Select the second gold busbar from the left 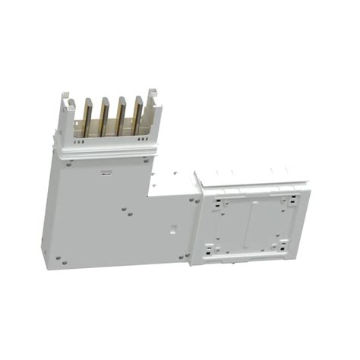coord(104,118)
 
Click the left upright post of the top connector coord(67,114)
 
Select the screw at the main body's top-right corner coord(146,159)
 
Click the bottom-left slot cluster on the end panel coord(213,246)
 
